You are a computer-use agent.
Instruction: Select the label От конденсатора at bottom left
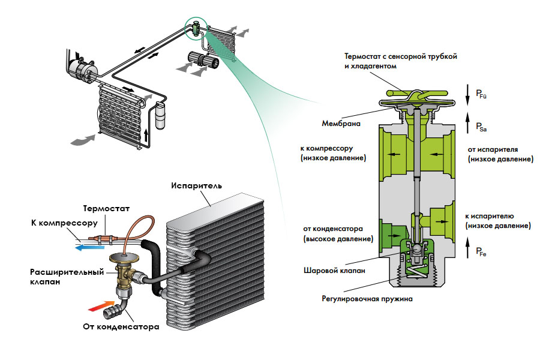(x=121, y=328)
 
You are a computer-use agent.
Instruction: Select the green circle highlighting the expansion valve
(x=196, y=27)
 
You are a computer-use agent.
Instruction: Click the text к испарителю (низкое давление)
(x=498, y=221)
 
